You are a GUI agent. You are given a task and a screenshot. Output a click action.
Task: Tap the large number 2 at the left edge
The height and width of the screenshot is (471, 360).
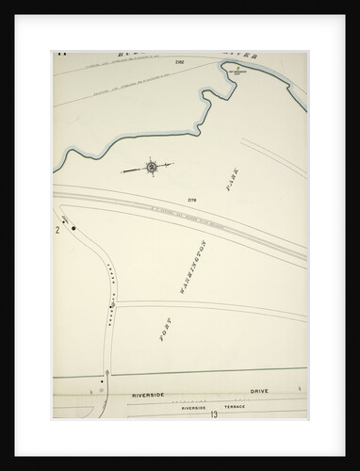(58, 229)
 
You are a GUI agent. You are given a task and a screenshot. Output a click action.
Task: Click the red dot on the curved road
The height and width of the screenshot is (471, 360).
(74, 228)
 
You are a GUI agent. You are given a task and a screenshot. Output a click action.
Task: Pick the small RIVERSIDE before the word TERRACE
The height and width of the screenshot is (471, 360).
(197, 406)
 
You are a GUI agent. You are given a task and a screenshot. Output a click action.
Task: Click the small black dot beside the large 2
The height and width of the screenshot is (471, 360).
(67, 222)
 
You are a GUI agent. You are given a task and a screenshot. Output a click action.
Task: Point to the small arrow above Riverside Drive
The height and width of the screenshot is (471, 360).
(109, 373)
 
